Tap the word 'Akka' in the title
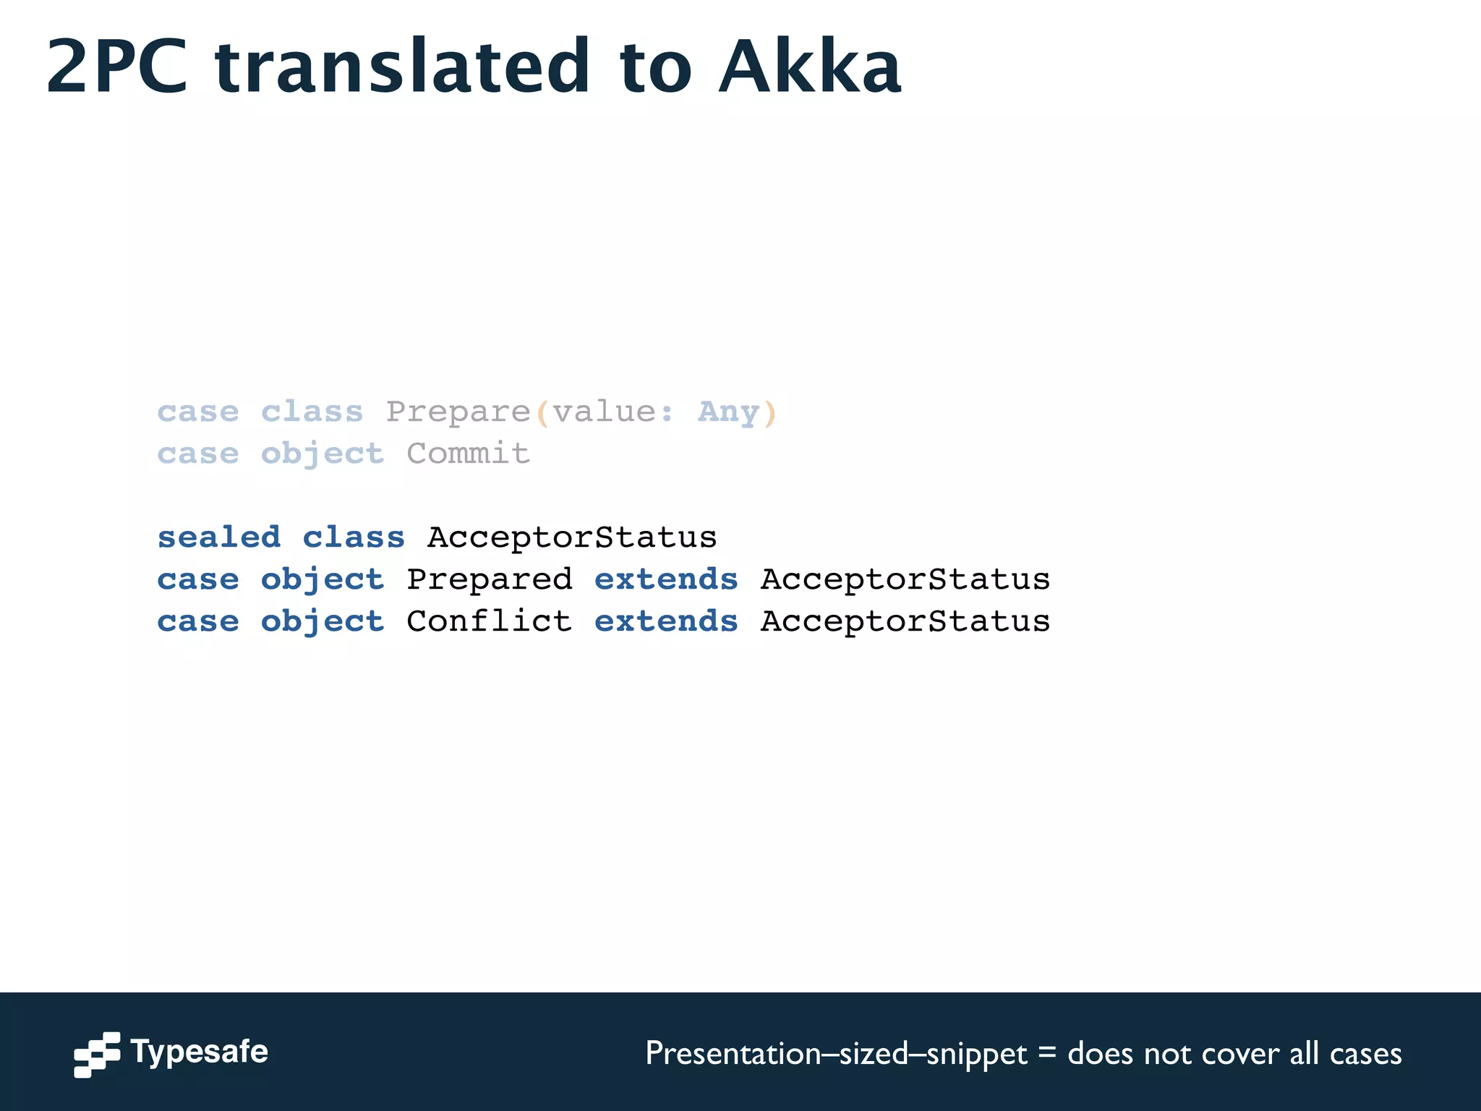coord(809,67)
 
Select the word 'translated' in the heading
coord(402,67)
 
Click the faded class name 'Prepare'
coord(458,412)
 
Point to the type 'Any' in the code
coord(728,412)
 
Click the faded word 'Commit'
coord(468,454)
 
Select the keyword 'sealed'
coord(219,537)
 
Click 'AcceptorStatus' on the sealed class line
coord(572,537)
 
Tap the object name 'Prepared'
coord(490,579)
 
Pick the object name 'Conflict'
coord(490,621)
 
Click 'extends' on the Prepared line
coord(666,579)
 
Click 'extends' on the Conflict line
coord(666,621)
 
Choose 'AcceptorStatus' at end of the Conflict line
coord(905,621)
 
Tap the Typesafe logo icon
coord(97,1054)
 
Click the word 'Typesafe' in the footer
coord(200,1052)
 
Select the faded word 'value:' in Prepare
coord(613,412)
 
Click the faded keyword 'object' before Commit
coord(323,454)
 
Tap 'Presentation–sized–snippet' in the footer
coord(836,1054)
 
